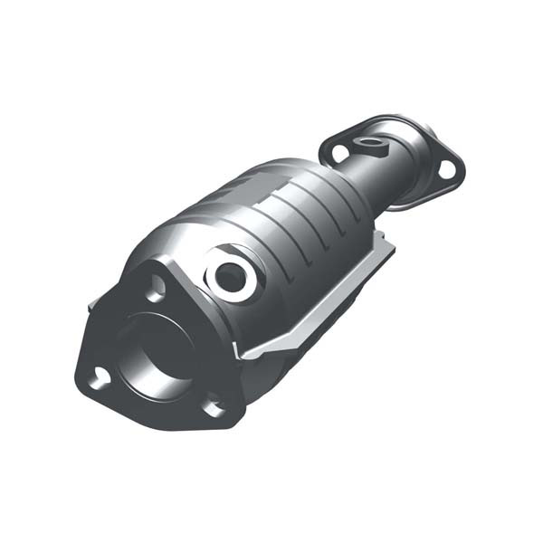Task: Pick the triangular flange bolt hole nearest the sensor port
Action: pos(156,288)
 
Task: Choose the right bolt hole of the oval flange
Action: pos(446,167)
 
